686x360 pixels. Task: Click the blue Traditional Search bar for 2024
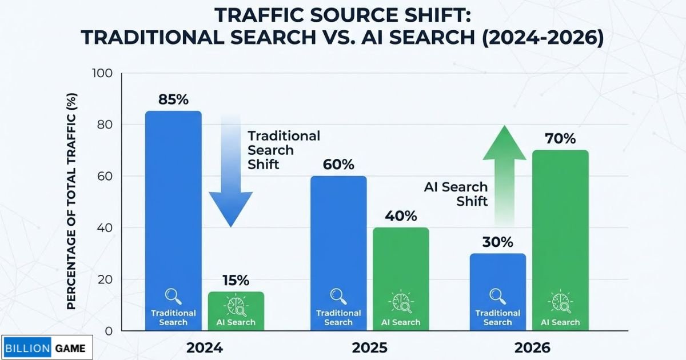click(x=173, y=217)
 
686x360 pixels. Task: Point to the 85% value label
click(x=173, y=99)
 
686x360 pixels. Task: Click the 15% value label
click(x=236, y=281)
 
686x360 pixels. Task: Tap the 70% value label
click(x=560, y=138)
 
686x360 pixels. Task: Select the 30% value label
click(x=497, y=242)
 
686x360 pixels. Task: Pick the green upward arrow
click(x=505, y=171)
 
